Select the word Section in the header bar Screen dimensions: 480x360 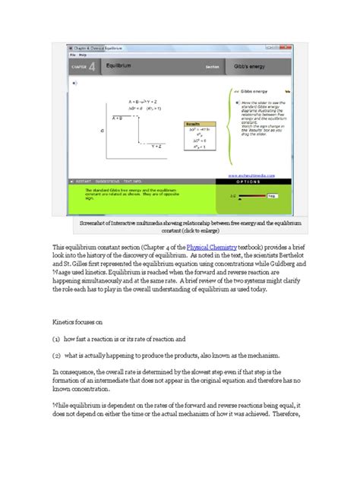(x=212, y=67)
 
